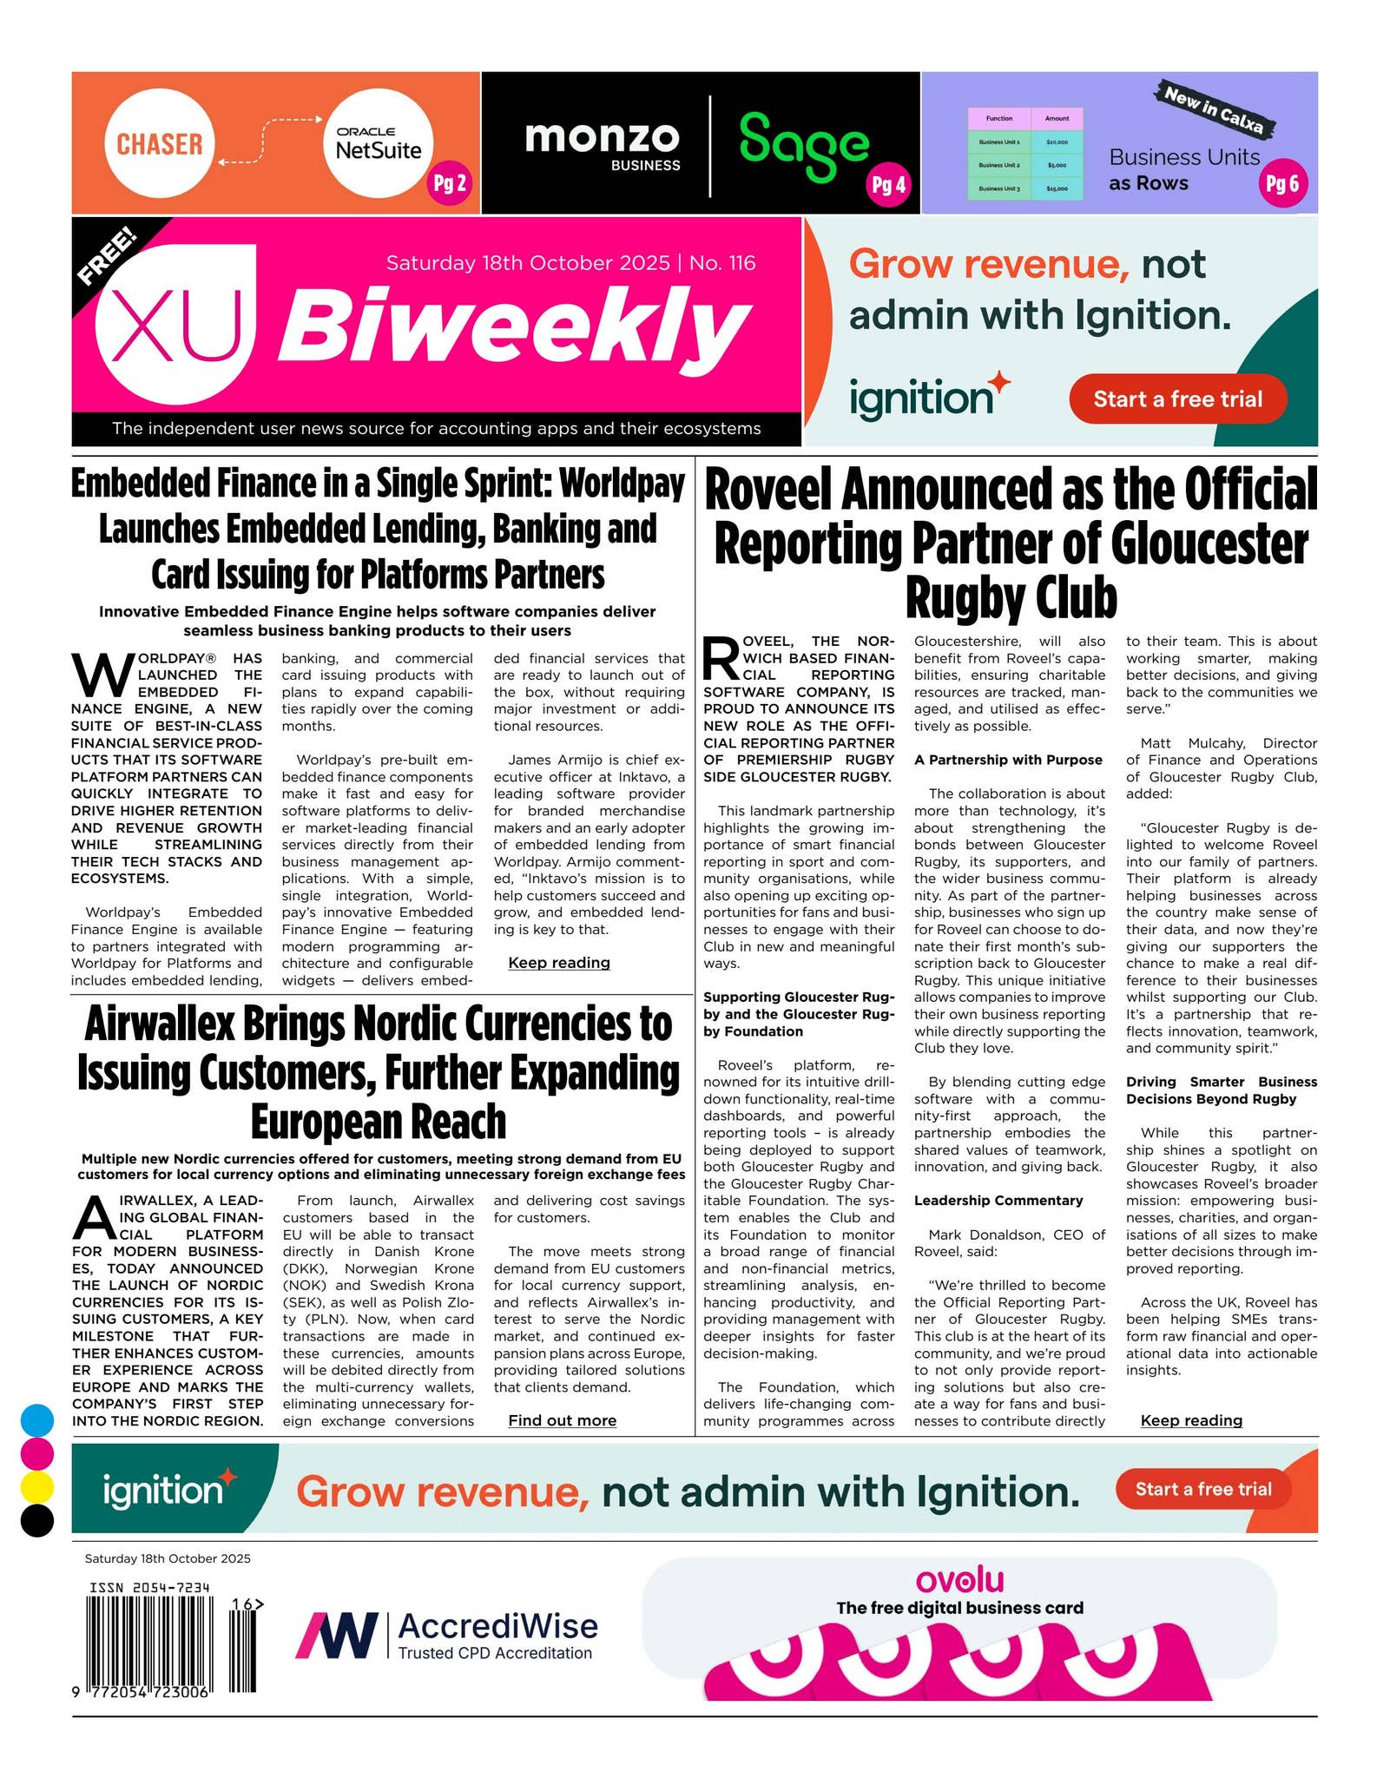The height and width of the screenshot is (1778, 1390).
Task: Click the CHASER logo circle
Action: (159, 143)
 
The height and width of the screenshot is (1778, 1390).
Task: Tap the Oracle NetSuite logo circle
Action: (378, 144)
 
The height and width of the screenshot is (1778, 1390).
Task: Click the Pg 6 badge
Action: (1281, 183)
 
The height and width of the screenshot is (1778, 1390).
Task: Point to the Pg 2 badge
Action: (449, 183)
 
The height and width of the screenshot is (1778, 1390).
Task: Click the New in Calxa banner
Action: (1214, 109)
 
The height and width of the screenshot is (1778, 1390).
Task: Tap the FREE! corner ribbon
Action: (108, 255)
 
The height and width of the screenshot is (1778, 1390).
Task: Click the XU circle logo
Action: (177, 328)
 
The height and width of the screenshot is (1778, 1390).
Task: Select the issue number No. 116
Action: (722, 263)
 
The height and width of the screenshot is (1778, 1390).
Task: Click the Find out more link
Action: (562, 1420)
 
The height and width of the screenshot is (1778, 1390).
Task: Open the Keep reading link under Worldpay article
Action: (558, 963)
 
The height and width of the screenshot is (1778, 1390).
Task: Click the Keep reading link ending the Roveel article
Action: (1190, 1420)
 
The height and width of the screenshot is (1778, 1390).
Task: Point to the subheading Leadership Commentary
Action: (998, 1201)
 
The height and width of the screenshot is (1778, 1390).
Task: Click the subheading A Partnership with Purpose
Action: (1007, 760)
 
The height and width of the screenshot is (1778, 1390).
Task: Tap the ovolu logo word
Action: (959, 1579)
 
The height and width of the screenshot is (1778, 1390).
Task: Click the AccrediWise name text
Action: (497, 1625)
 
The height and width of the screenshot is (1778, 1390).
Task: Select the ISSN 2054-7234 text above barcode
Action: (149, 1588)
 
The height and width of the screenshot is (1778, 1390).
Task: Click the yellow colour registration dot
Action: (36, 1487)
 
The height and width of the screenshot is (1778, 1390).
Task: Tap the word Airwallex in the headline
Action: (159, 1024)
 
